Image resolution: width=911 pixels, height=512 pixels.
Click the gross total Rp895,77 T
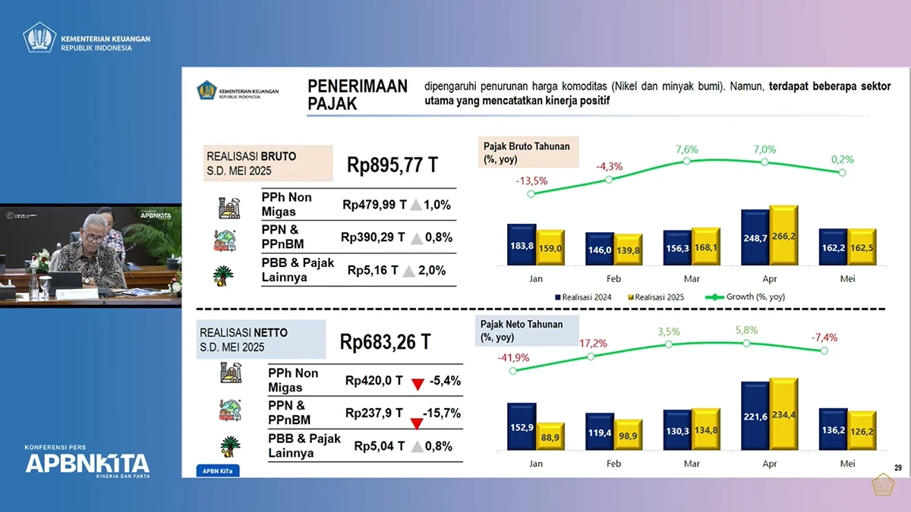[x=392, y=165]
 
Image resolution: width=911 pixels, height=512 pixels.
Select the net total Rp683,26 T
[x=385, y=341]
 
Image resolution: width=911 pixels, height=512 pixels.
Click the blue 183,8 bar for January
[x=522, y=244]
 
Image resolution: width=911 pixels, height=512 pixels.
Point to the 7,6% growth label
[x=686, y=149]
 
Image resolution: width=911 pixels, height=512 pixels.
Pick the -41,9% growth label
[x=513, y=357]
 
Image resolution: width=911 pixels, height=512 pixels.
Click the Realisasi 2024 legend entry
[x=585, y=297]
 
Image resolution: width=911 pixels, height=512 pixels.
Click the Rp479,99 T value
[x=374, y=204]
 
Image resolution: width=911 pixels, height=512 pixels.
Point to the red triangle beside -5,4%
[x=417, y=384]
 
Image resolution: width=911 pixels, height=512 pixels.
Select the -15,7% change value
[x=443, y=413]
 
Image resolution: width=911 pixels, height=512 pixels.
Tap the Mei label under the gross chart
[x=847, y=278]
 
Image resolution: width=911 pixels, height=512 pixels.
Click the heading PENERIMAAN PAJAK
[x=357, y=95]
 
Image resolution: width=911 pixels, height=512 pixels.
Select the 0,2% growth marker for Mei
[x=841, y=173]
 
